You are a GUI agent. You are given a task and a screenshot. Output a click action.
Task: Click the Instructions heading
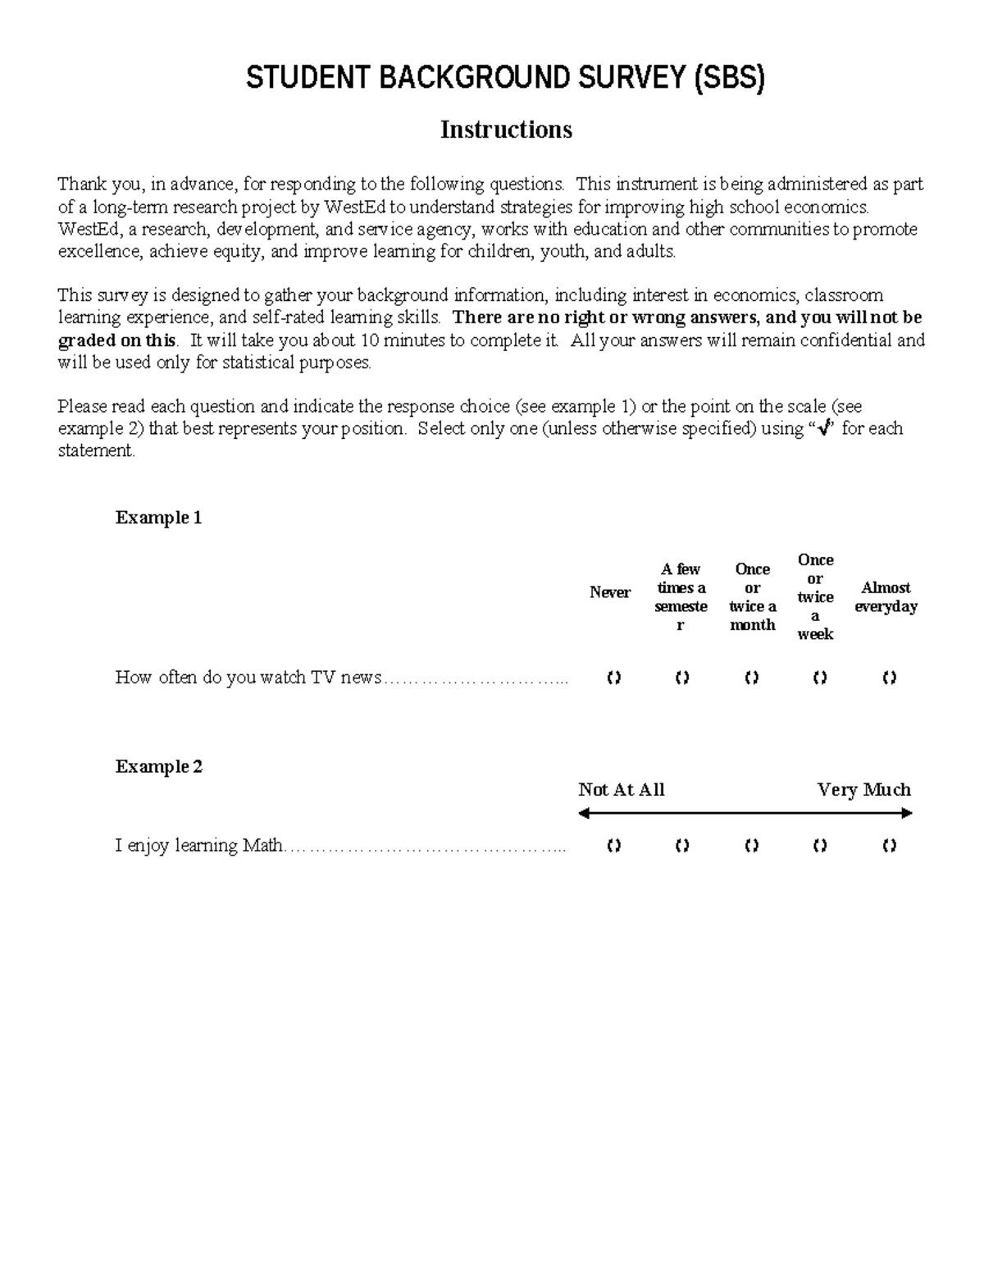pos(506,130)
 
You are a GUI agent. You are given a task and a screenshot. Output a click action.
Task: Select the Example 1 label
pos(158,518)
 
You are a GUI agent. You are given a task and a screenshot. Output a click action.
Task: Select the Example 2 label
pos(158,766)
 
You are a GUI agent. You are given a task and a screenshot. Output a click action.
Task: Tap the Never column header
pos(610,592)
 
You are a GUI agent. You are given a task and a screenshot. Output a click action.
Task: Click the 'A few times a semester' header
pos(681,597)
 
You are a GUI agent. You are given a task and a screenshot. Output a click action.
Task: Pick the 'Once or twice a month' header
pos(752,597)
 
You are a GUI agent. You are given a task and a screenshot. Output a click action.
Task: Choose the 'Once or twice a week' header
pos(815,596)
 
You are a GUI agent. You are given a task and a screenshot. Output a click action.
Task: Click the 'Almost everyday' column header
pos(886,597)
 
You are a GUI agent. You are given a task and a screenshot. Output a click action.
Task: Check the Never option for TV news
pos(613,678)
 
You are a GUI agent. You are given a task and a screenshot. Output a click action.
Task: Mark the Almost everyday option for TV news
pos(889,678)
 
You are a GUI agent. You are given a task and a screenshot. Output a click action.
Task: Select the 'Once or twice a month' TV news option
pos(751,678)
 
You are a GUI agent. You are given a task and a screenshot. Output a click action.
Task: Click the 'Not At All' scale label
pos(621,790)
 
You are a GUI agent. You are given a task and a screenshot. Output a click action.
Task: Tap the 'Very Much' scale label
pos(863,790)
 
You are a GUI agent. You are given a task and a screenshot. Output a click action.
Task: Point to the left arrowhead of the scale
pos(584,814)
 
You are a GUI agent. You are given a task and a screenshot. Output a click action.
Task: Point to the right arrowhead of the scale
pos(907,814)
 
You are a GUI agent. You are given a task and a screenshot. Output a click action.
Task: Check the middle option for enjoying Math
pos(751,846)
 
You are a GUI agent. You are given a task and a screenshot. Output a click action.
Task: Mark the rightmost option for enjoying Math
pos(889,846)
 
